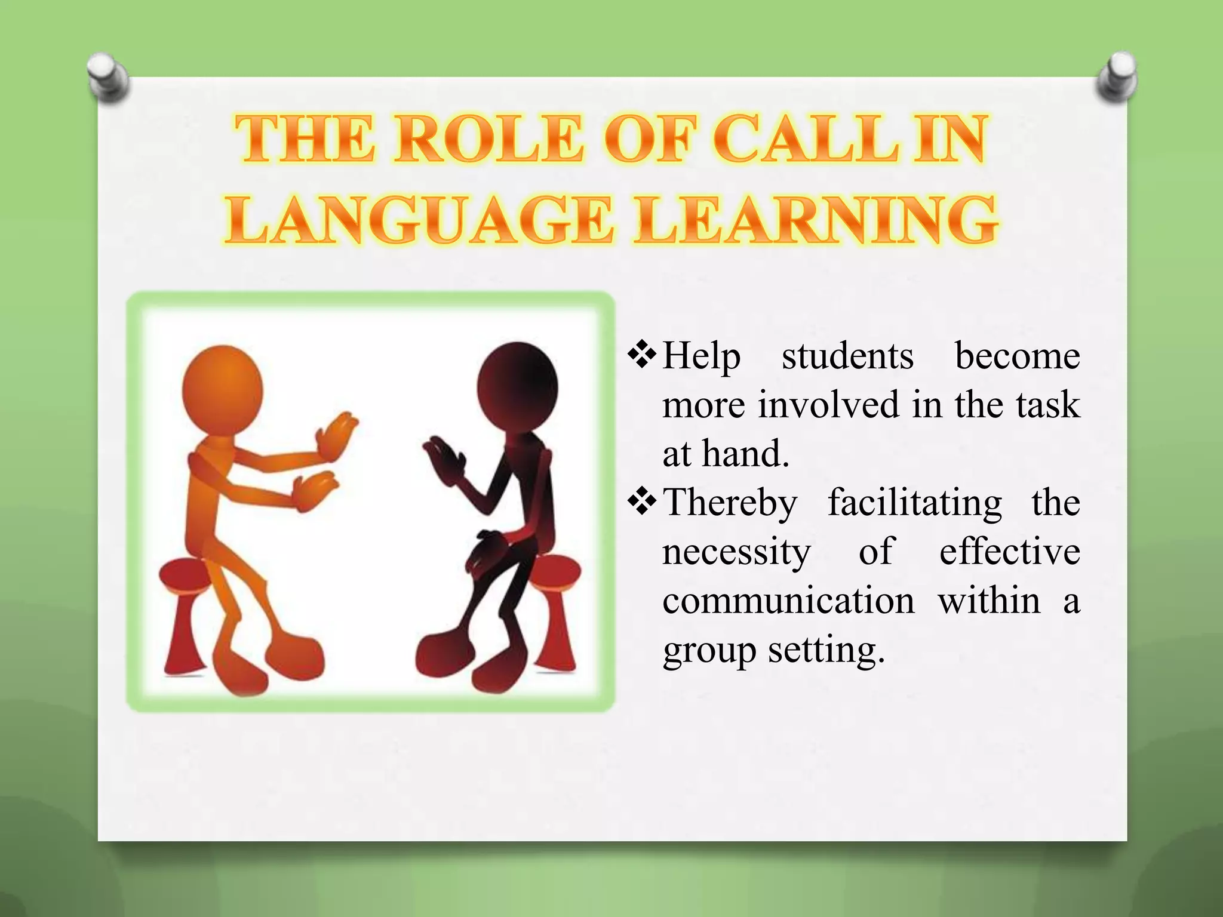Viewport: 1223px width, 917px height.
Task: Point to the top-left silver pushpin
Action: [x=107, y=78]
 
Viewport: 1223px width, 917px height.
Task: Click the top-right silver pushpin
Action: [x=1117, y=78]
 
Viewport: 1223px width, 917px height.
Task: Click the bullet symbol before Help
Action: [x=643, y=356]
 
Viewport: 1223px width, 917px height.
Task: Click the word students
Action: [x=847, y=357]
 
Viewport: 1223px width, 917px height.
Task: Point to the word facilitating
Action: [x=914, y=503]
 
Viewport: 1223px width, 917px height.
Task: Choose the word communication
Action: [x=788, y=601]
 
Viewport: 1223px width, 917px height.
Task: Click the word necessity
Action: [x=736, y=552]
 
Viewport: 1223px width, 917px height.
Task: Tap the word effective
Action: [x=1009, y=552]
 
